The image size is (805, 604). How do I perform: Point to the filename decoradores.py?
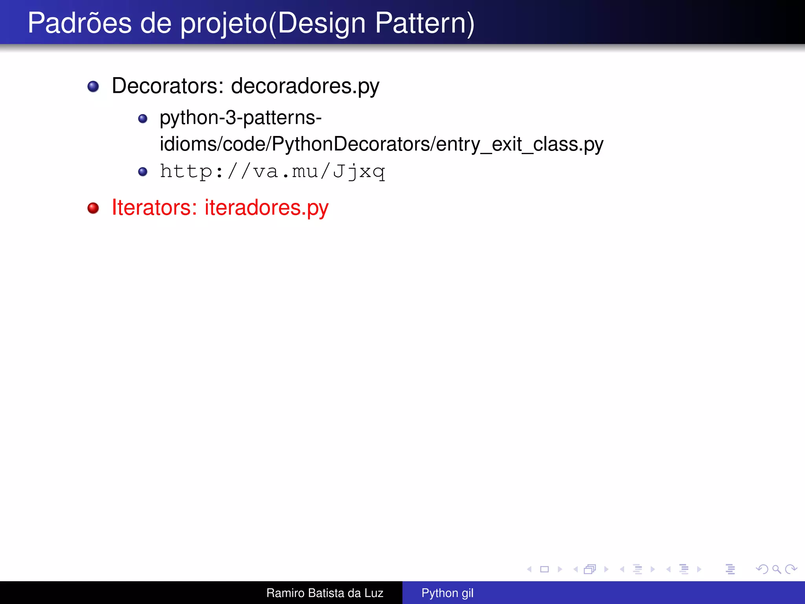click(x=305, y=87)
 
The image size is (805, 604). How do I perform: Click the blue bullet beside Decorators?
click(x=93, y=87)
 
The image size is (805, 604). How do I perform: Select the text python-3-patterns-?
click(x=241, y=118)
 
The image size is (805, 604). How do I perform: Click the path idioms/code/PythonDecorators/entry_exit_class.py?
click(x=381, y=144)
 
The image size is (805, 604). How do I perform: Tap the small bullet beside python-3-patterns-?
click(x=143, y=119)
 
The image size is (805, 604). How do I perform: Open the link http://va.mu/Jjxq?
click(x=272, y=171)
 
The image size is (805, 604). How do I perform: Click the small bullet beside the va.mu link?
click(x=143, y=172)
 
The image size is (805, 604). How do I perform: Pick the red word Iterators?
click(x=154, y=208)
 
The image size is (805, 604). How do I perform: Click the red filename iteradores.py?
click(x=266, y=208)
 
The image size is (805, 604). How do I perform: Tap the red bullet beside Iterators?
click(x=93, y=208)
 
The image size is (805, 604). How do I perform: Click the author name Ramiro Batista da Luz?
click(x=325, y=593)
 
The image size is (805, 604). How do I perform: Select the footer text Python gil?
click(x=447, y=593)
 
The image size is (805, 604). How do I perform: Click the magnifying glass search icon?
click(x=776, y=569)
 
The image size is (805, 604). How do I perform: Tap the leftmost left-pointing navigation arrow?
click(x=529, y=569)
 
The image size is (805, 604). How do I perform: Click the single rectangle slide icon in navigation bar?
click(x=544, y=569)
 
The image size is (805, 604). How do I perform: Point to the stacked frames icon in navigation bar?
click(x=590, y=569)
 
